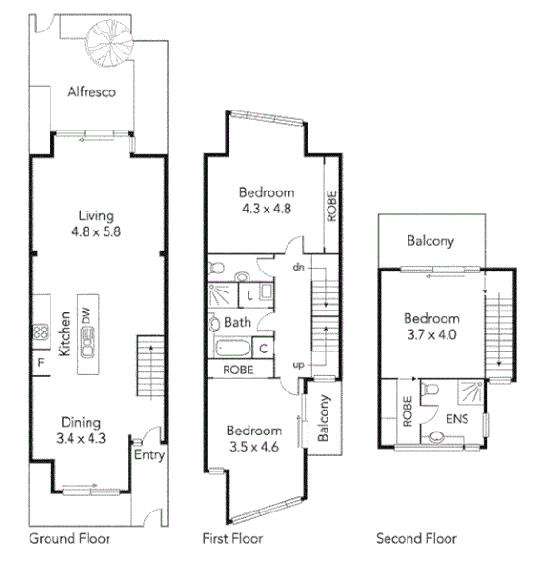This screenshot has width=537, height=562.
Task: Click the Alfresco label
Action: tap(91, 92)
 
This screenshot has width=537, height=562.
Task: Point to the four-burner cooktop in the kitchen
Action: tap(41, 332)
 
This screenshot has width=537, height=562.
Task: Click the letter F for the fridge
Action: tap(41, 363)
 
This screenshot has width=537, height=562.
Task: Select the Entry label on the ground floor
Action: tap(150, 455)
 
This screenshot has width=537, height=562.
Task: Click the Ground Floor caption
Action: tap(69, 539)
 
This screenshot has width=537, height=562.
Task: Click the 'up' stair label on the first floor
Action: tap(297, 365)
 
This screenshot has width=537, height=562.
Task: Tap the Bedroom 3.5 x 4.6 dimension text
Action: tap(254, 438)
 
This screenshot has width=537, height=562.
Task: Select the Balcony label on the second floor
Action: tap(430, 241)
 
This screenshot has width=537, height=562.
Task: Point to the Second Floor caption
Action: tap(416, 539)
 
